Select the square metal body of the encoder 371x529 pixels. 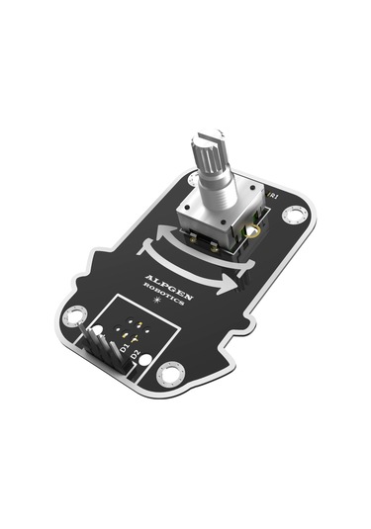pyautogui.click(x=224, y=223)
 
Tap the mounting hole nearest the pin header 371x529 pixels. pyautogui.click(x=72, y=317)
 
